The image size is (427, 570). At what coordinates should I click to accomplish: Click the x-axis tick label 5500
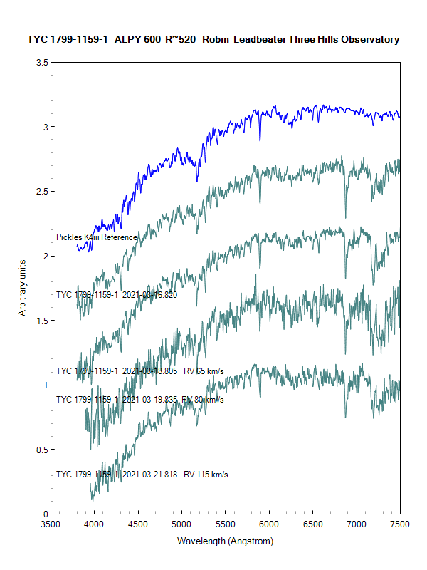coord(225,524)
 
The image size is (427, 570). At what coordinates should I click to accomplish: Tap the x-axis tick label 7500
coord(400,524)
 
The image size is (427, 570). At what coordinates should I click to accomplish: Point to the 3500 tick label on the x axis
coord(50,524)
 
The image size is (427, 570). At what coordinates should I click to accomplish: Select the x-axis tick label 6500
coord(312,524)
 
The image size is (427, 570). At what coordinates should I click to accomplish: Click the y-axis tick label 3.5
coord(41,63)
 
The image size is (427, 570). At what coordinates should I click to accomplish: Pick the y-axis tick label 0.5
coord(41,450)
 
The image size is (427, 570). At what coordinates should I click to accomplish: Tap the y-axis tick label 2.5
coord(41,192)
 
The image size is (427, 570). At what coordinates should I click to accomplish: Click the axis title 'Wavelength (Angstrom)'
coord(225,541)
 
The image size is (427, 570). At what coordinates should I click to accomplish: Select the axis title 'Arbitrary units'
coord(22,288)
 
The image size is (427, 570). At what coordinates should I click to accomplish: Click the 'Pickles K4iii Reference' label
coord(97,237)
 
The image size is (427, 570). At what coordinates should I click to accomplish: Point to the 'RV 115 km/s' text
coord(206,474)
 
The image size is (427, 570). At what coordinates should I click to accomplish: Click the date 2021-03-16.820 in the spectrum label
coord(150,294)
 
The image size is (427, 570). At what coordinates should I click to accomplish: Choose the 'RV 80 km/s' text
coord(203,400)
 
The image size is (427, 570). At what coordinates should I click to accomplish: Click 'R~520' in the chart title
coord(180,40)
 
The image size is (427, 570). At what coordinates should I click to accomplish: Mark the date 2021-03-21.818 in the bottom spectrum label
coord(150,474)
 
